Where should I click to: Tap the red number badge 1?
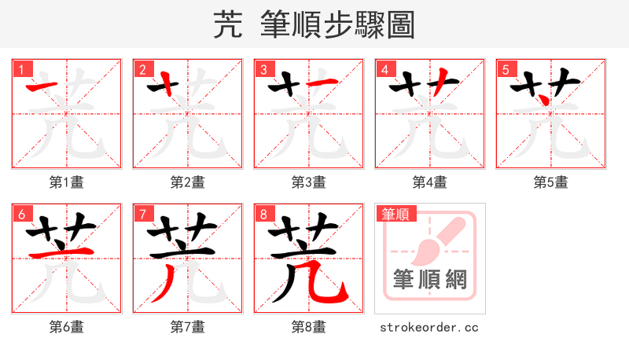[x=21, y=69]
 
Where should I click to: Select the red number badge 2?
[x=142, y=69]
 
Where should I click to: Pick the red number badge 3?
[x=263, y=69]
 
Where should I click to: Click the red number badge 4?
[x=384, y=69]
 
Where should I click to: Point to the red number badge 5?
[x=506, y=69]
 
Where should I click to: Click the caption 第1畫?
[x=66, y=182]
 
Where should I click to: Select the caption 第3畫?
[x=308, y=182]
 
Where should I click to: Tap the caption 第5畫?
[x=550, y=182]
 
